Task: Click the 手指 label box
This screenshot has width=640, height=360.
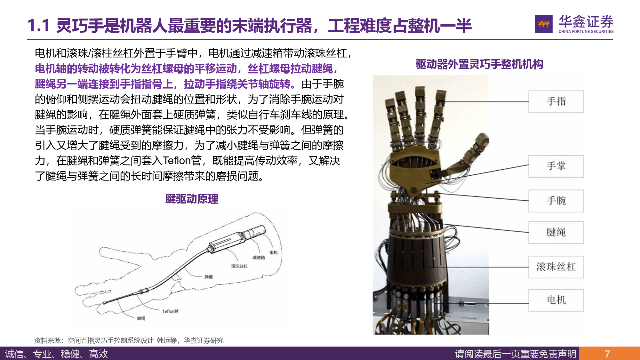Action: point(556,102)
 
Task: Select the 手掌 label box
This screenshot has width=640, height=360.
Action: point(556,166)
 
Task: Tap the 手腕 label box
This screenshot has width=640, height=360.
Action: point(556,201)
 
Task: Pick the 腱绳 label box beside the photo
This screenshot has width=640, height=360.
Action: point(556,232)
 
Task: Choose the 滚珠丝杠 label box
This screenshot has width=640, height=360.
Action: point(556,267)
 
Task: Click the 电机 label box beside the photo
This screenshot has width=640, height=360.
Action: point(556,300)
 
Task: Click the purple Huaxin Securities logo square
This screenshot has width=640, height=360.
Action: point(543,24)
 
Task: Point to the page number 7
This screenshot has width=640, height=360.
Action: point(607,354)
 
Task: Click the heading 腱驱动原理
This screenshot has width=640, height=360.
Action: point(192,199)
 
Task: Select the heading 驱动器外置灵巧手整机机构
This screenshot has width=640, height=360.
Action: point(479,64)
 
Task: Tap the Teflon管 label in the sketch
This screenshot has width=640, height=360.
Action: point(170,311)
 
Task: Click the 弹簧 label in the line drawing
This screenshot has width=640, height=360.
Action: point(209,277)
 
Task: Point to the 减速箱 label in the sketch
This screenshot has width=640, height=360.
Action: point(259,258)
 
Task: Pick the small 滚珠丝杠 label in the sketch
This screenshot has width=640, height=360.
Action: point(239,266)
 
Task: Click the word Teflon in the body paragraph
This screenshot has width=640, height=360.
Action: point(177,161)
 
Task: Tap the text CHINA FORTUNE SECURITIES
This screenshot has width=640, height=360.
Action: point(586,31)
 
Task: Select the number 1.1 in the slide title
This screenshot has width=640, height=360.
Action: point(38,25)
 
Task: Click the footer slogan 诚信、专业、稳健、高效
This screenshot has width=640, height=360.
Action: point(56,354)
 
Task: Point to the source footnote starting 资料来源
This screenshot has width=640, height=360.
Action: point(129,340)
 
